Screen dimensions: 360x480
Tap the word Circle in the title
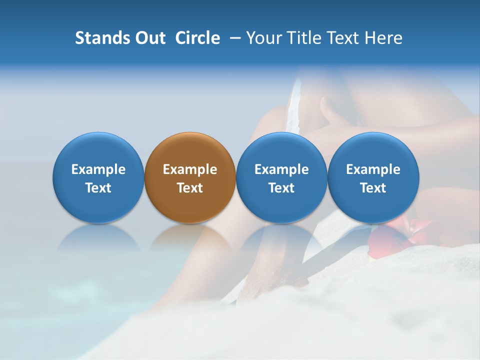(x=197, y=38)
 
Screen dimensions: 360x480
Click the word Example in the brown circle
(x=190, y=169)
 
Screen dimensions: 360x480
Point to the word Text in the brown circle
(x=190, y=188)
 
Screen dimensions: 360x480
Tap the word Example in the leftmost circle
(x=98, y=169)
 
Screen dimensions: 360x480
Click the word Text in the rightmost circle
(x=373, y=188)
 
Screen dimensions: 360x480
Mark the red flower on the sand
(x=400, y=235)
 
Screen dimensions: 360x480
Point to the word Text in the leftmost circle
(x=98, y=188)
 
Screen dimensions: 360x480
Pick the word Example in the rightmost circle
(x=373, y=169)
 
